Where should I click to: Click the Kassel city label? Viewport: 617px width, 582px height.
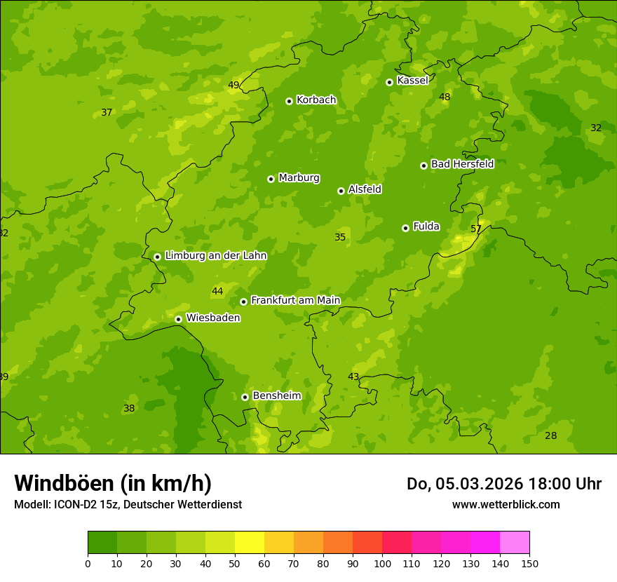point(412,81)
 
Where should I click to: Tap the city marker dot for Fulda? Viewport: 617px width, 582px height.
point(405,228)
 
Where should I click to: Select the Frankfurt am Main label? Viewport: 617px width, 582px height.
point(295,300)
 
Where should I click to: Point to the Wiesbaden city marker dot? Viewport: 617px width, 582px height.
point(178,319)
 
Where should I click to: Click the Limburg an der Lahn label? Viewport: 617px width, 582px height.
point(215,256)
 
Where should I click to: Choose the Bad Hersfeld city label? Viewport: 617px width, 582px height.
point(462,164)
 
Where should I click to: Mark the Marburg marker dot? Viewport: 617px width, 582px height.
point(271,179)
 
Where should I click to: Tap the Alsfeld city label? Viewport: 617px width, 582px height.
point(365,189)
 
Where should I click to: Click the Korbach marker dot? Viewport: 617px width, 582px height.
point(289,101)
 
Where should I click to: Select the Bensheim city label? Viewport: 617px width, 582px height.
point(276,395)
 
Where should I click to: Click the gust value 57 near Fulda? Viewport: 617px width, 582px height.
point(476,229)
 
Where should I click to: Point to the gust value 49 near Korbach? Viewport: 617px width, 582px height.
point(233,86)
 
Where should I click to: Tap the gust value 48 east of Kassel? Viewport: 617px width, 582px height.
point(445,97)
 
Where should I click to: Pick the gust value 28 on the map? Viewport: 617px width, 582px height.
point(551,435)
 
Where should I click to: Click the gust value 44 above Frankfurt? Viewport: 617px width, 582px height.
point(217,291)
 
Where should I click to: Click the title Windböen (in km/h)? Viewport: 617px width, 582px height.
point(113,483)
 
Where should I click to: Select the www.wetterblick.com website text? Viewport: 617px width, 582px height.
point(506,504)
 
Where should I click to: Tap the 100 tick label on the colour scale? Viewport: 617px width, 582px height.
point(382,563)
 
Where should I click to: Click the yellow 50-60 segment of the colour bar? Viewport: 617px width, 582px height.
point(250,543)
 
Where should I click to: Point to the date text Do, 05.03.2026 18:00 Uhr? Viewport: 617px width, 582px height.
point(504,484)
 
